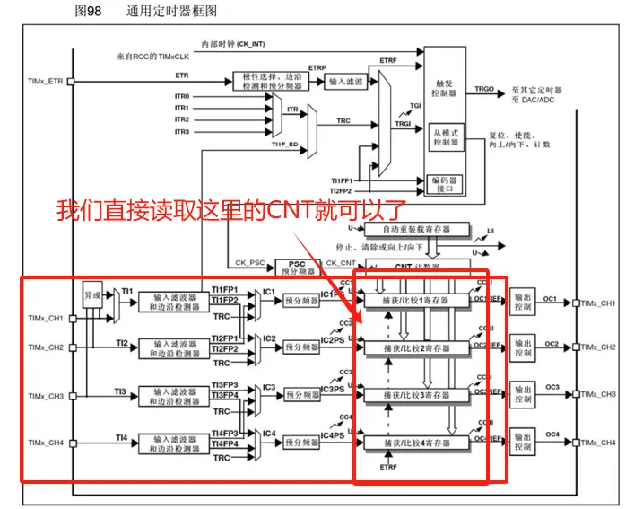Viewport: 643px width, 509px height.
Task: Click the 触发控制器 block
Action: point(443,86)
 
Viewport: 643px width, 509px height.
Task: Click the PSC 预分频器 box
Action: point(298,267)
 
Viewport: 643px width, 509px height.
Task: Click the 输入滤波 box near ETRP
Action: point(346,82)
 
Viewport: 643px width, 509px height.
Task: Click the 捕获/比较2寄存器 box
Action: point(413,347)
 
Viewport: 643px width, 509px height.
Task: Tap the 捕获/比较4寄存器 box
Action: point(413,443)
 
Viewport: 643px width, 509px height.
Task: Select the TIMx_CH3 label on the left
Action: point(45,395)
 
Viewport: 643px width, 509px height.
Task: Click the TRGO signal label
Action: point(484,90)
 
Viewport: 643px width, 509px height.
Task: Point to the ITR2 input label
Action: point(182,119)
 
